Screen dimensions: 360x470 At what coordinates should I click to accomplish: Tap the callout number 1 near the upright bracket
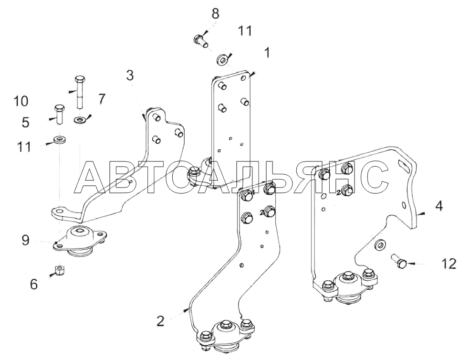267,53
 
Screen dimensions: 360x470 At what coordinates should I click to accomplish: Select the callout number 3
130,75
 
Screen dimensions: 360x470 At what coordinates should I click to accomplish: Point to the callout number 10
21,101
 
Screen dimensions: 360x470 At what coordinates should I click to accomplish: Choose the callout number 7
101,99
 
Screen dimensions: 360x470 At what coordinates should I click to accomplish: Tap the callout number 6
33,284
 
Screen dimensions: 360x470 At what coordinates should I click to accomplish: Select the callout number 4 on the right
439,206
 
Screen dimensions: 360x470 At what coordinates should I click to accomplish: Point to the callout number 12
449,263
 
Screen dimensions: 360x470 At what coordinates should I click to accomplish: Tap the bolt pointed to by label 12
398,261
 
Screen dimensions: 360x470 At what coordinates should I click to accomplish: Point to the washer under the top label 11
222,60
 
